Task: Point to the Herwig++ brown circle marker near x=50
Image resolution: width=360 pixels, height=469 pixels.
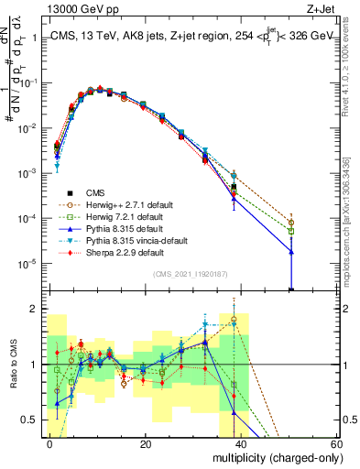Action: click(x=291, y=223)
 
